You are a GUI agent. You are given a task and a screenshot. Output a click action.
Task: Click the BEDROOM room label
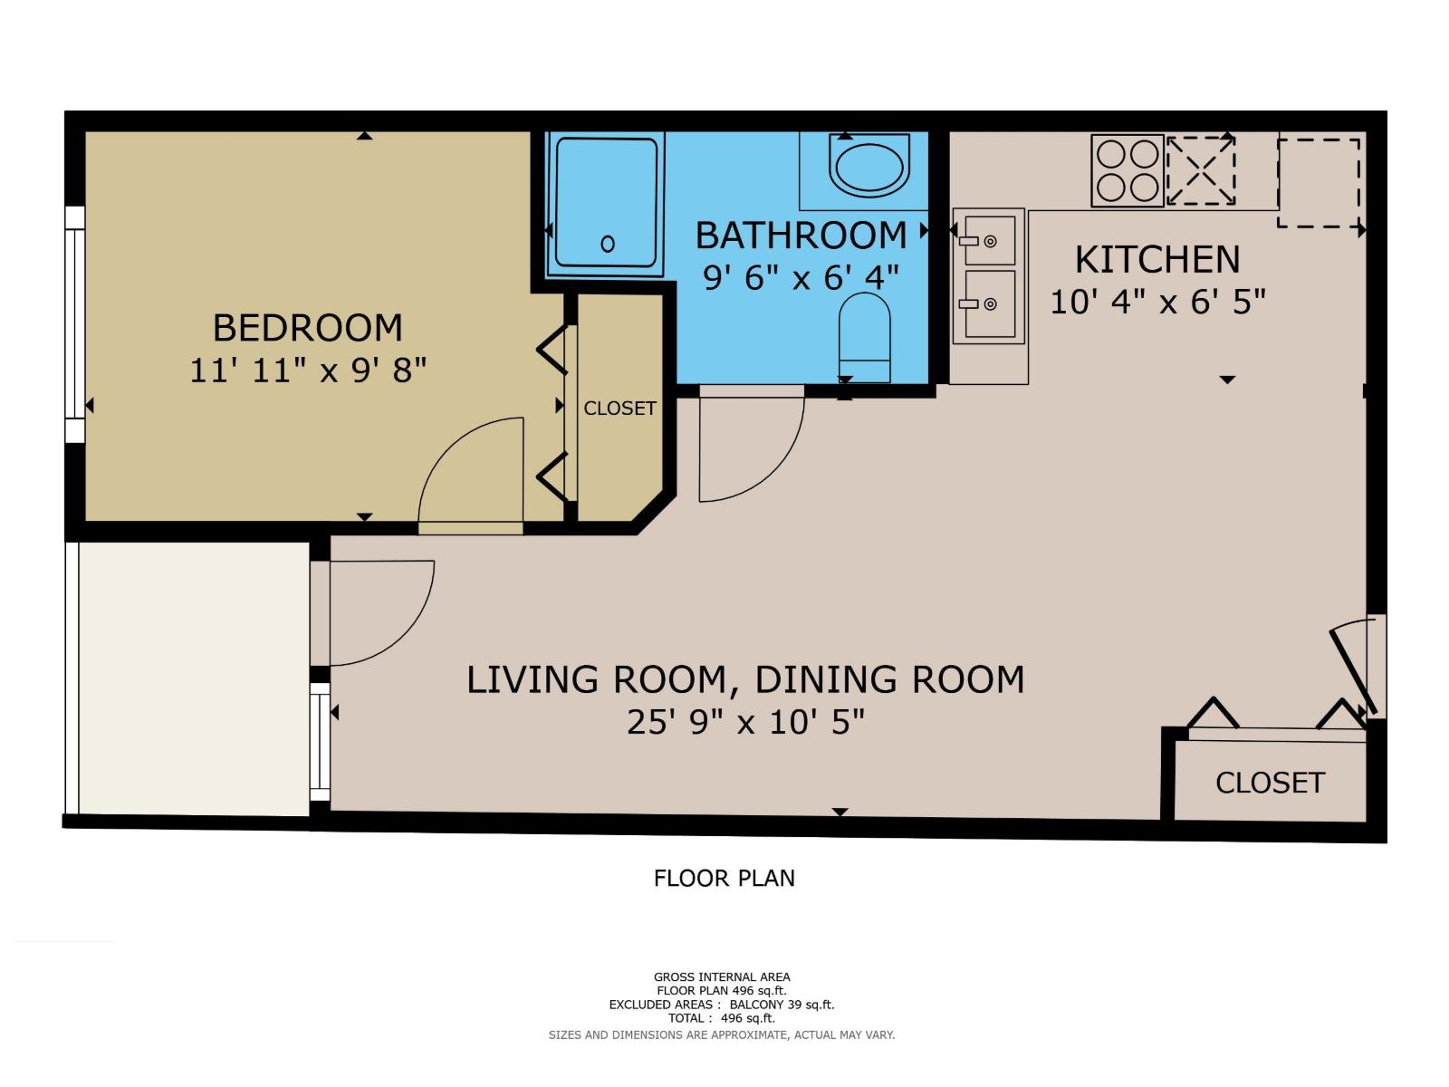(307, 328)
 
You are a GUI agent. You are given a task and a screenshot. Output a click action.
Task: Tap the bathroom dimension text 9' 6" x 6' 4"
(801, 277)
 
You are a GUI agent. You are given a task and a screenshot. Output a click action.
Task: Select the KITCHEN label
(1156, 260)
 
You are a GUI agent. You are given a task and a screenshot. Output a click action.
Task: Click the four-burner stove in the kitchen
(1127, 170)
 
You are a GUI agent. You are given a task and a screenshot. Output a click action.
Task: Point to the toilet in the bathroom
(865, 338)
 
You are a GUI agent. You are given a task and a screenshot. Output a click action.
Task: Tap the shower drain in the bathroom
(608, 244)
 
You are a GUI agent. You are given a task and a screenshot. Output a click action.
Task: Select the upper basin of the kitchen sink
(989, 240)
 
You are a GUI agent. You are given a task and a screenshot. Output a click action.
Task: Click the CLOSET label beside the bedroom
(619, 409)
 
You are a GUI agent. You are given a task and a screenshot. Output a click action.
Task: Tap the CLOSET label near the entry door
(1270, 783)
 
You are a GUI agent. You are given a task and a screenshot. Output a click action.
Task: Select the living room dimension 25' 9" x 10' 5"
(745, 722)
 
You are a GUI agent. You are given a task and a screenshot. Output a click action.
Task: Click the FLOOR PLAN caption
(724, 878)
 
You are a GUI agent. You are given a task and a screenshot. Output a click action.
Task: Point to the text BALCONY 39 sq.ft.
(782, 1005)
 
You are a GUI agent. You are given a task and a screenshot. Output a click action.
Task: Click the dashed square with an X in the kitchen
(1200, 170)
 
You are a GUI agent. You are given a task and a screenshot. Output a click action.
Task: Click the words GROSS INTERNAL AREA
(722, 976)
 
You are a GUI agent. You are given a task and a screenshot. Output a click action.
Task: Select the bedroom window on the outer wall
(74, 323)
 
